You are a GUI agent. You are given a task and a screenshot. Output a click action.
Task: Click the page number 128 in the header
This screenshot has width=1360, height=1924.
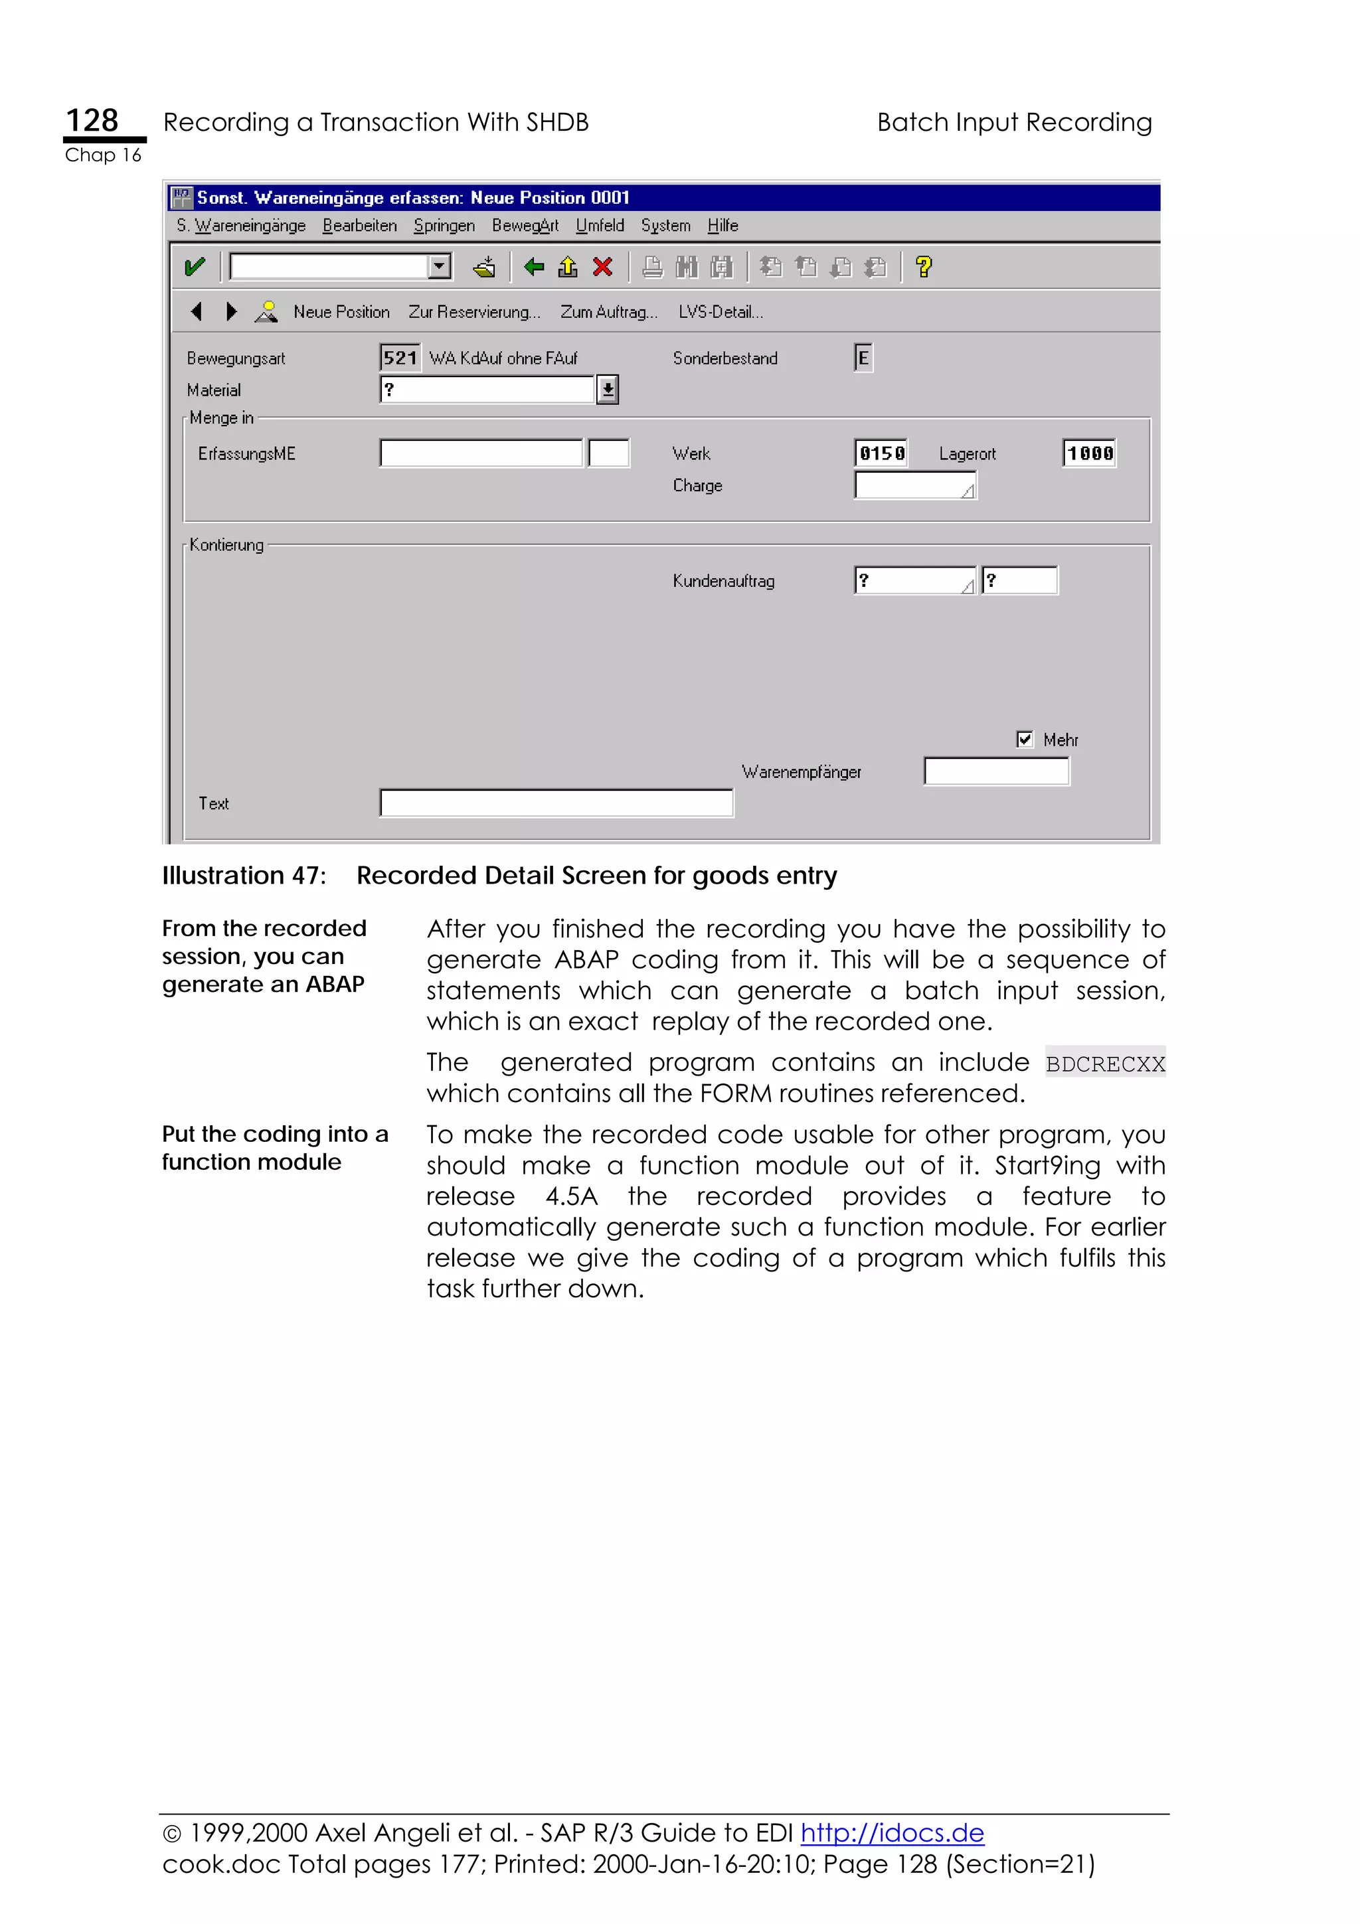92,121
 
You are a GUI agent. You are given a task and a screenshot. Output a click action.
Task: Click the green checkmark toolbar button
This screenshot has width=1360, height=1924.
195,268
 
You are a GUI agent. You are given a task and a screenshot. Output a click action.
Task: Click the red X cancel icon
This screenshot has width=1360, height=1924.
602,268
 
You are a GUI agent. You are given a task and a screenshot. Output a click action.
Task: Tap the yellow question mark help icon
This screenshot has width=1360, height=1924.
924,268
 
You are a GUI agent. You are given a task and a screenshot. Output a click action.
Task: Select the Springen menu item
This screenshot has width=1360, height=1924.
444,226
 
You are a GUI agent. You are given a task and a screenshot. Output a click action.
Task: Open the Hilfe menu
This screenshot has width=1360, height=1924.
722,226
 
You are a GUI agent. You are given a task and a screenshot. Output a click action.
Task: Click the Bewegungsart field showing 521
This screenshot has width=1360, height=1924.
400,358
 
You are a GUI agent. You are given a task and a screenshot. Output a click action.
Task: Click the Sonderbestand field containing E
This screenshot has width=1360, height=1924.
863,358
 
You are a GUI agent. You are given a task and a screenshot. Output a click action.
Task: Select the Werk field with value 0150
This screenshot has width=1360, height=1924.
881,453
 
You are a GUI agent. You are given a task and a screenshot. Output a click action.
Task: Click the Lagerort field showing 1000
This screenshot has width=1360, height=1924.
1088,453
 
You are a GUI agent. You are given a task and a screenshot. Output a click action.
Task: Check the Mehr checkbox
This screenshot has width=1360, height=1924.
1024,738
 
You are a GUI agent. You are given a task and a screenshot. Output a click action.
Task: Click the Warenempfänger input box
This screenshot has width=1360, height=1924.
995,771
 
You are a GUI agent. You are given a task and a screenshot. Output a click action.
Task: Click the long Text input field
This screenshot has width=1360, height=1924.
556,803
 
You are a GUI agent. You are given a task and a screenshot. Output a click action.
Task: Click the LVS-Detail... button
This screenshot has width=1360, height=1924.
721,312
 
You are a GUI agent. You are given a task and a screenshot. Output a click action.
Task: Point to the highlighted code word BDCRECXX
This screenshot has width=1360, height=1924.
1104,1064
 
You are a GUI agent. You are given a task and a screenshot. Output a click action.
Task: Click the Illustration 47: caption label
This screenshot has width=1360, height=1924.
244,875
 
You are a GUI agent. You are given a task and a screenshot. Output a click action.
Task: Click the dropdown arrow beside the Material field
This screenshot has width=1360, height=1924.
608,390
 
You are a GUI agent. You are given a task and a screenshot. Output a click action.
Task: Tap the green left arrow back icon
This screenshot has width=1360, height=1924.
534,268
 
